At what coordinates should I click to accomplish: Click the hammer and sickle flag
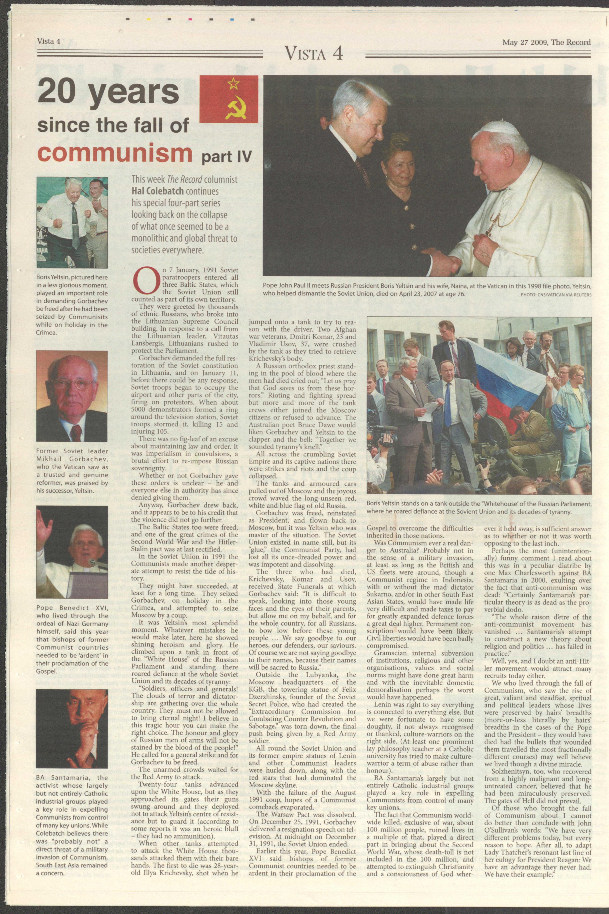pyautogui.click(x=229, y=98)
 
